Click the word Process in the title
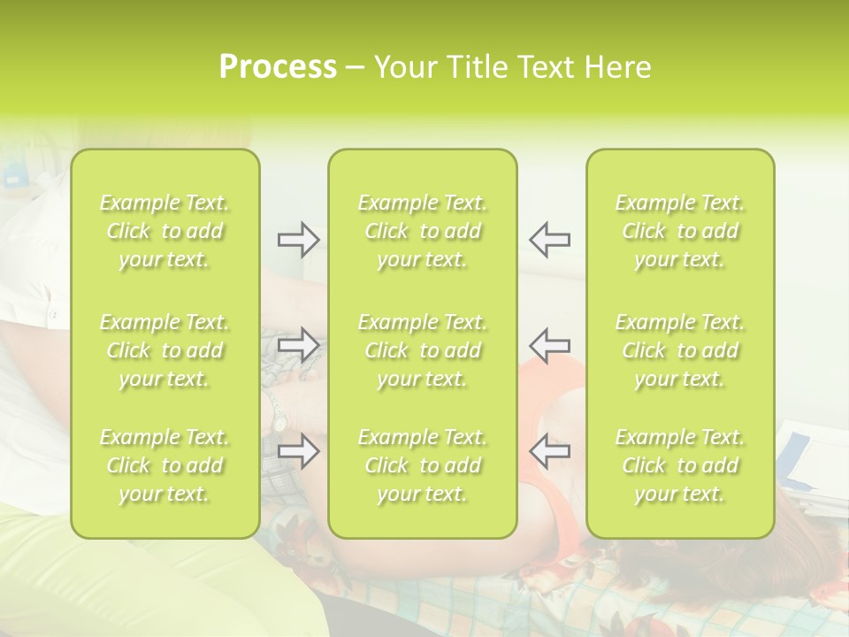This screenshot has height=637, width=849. click(x=278, y=67)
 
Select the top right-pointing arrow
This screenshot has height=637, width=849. click(x=298, y=240)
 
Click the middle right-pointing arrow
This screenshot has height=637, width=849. click(x=298, y=344)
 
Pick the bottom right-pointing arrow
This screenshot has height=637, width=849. click(x=298, y=450)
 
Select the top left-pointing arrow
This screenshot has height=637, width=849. click(x=549, y=240)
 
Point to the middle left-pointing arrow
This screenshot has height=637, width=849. click(x=549, y=344)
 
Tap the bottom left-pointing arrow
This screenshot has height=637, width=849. click(x=549, y=450)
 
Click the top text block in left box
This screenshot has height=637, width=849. click(x=164, y=231)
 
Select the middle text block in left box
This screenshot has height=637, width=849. click(x=164, y=350)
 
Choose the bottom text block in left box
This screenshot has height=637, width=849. click(x=164, y=465)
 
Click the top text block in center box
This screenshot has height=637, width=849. click(x=422, y=231)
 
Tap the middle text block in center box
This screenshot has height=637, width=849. click(x=422, y=350)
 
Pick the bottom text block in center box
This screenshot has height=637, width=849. click(x=422, y=465)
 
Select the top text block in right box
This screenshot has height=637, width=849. click(x=679, y=231)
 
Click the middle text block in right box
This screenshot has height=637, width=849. click(x=679, y=350)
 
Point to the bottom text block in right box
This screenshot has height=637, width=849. click(x=679, y=465)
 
